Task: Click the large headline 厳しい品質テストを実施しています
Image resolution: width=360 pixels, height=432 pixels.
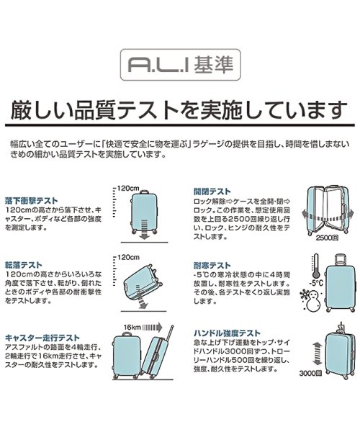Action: tap(179, 109)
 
